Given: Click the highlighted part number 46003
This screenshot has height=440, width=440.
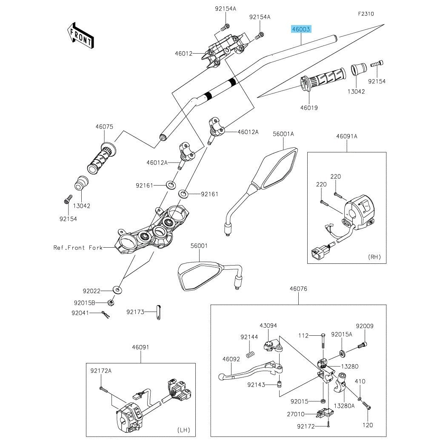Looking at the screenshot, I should [301, 29].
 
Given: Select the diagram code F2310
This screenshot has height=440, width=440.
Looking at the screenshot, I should [366, 14].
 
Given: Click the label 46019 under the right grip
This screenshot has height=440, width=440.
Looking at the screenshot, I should [309, 108].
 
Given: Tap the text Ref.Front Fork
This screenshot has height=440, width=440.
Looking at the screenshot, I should [78, 248].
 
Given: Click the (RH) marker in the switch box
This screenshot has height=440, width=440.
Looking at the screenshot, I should [374, 257].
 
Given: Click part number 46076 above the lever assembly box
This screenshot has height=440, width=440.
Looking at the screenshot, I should [298, 289].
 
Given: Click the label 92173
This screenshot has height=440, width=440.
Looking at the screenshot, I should [135, 312].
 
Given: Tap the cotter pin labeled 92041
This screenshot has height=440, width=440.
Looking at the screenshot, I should [106, 314].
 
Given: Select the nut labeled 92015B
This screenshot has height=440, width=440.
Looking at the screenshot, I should [110, 303].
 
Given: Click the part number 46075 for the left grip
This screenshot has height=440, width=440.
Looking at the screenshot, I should [104, 127].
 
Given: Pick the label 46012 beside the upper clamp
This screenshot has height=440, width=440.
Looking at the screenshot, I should [184, 54].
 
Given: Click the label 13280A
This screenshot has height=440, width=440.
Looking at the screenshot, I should [344, 406].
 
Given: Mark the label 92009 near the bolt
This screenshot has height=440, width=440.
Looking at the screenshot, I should [365, 326].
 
